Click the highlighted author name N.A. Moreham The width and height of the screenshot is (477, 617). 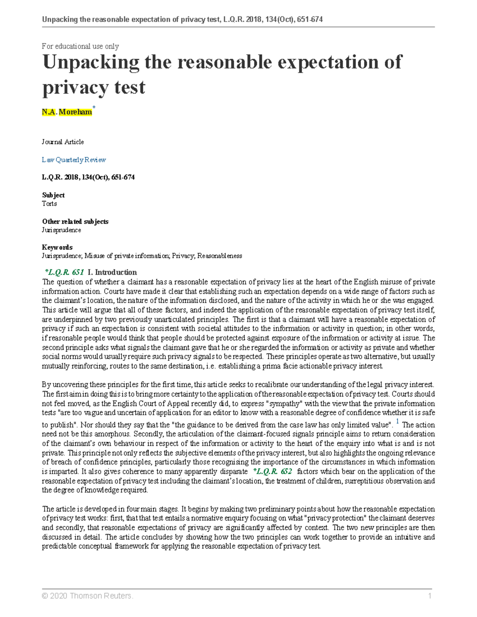(67, 112)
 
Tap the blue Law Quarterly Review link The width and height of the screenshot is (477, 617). (74, 160)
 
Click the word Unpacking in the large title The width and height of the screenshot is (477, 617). (91, 62)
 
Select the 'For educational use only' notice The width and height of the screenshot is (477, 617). (80, 46)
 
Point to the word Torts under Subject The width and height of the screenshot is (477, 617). (49, 203)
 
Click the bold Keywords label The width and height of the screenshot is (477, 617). (57, 247)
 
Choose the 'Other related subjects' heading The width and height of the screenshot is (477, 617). (75, 221)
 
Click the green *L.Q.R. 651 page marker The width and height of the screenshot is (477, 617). (64, 272)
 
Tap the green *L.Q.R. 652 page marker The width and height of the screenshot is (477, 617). (272, 472)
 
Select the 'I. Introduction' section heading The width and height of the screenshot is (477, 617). (112, 272)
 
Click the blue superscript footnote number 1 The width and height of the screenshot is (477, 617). (398, 422)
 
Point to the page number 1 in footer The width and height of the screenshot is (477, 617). (429, 596)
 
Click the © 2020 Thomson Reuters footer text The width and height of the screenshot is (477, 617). (87, 596)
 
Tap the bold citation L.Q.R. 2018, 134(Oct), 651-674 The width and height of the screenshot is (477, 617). (88, 177)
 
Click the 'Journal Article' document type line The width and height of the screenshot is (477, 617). (63, 142)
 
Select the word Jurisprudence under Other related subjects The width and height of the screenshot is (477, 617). (61, 230)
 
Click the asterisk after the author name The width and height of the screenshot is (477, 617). (94, 108)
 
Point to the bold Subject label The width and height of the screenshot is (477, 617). (53, 195)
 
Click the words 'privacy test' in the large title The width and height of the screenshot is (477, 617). (94, 87)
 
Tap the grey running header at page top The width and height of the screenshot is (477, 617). (182, 19)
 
